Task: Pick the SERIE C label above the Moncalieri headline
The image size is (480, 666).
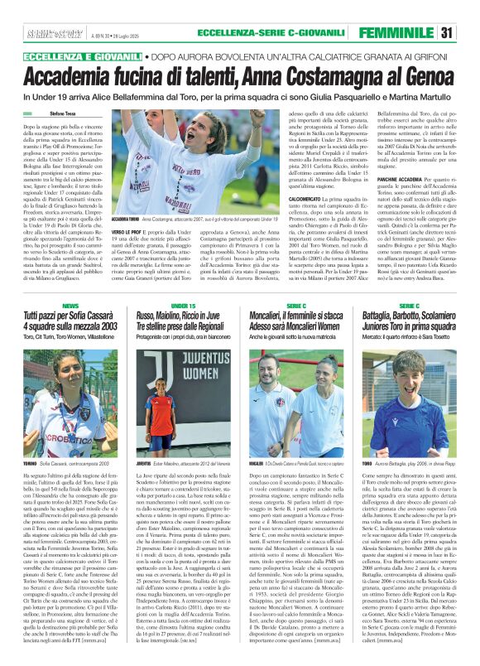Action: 295,306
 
